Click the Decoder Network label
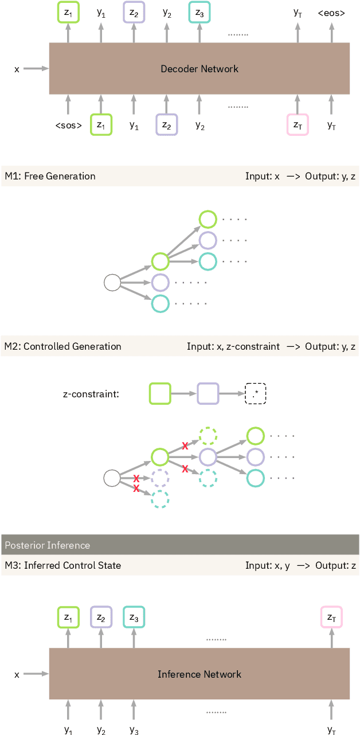click(199, 69)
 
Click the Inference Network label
click(199, 674)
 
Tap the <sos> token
click(68, 126)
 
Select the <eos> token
click(331, 11)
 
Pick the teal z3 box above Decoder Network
click(199, 12)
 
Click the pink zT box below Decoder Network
click(298, 125)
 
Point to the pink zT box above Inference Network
click(331, 617)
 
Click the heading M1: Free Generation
click(50, 176)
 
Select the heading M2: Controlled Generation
click(62, 346)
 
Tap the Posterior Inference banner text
click(47, 545)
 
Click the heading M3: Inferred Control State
click(62, 566)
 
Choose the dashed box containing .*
click(256, 394)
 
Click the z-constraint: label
click(91, 394)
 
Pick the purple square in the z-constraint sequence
click(208, 394)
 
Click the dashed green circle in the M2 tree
click(208, 436)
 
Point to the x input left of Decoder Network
click(17, 69)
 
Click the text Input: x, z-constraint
click(233, 346)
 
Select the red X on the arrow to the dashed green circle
click(185, 445)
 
